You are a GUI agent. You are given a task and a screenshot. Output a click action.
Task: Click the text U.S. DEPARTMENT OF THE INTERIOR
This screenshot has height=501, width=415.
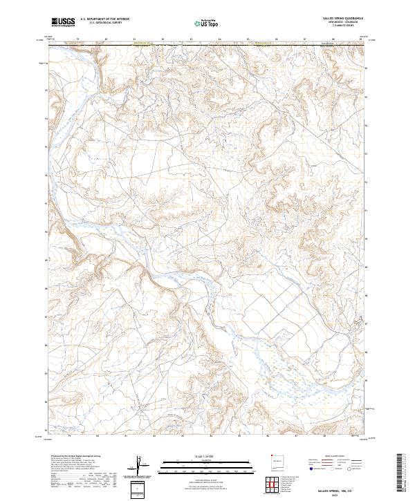click(104, 19)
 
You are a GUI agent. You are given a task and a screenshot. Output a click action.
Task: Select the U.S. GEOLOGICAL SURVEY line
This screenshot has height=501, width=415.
click(104, 23)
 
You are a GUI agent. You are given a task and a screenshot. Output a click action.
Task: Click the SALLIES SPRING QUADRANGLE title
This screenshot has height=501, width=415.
click(341, 19)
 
